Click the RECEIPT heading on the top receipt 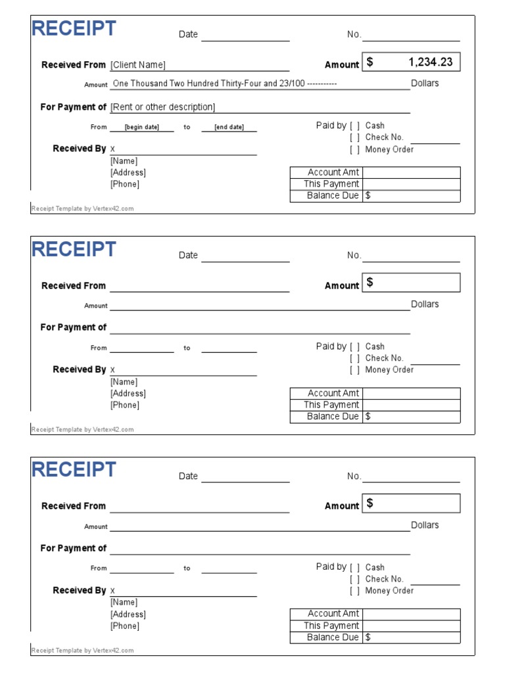[74, 29]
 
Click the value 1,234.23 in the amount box [430, 62]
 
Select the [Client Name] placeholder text [138, 65]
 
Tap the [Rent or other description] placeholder [162, 107]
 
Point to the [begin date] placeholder [141, 128]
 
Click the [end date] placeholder [229, 128]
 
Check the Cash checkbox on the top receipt [354, 126]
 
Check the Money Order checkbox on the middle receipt [354, 370]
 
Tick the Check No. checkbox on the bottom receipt [354, 579]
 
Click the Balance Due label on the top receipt [333, 196]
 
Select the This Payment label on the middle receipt [331, 405]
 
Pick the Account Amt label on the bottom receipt [333, 614]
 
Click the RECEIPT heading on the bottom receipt [74, 470]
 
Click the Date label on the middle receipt [188, 255]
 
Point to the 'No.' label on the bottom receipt [354, 476]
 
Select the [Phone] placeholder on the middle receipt [125, 405]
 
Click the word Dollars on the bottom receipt [425, 525]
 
